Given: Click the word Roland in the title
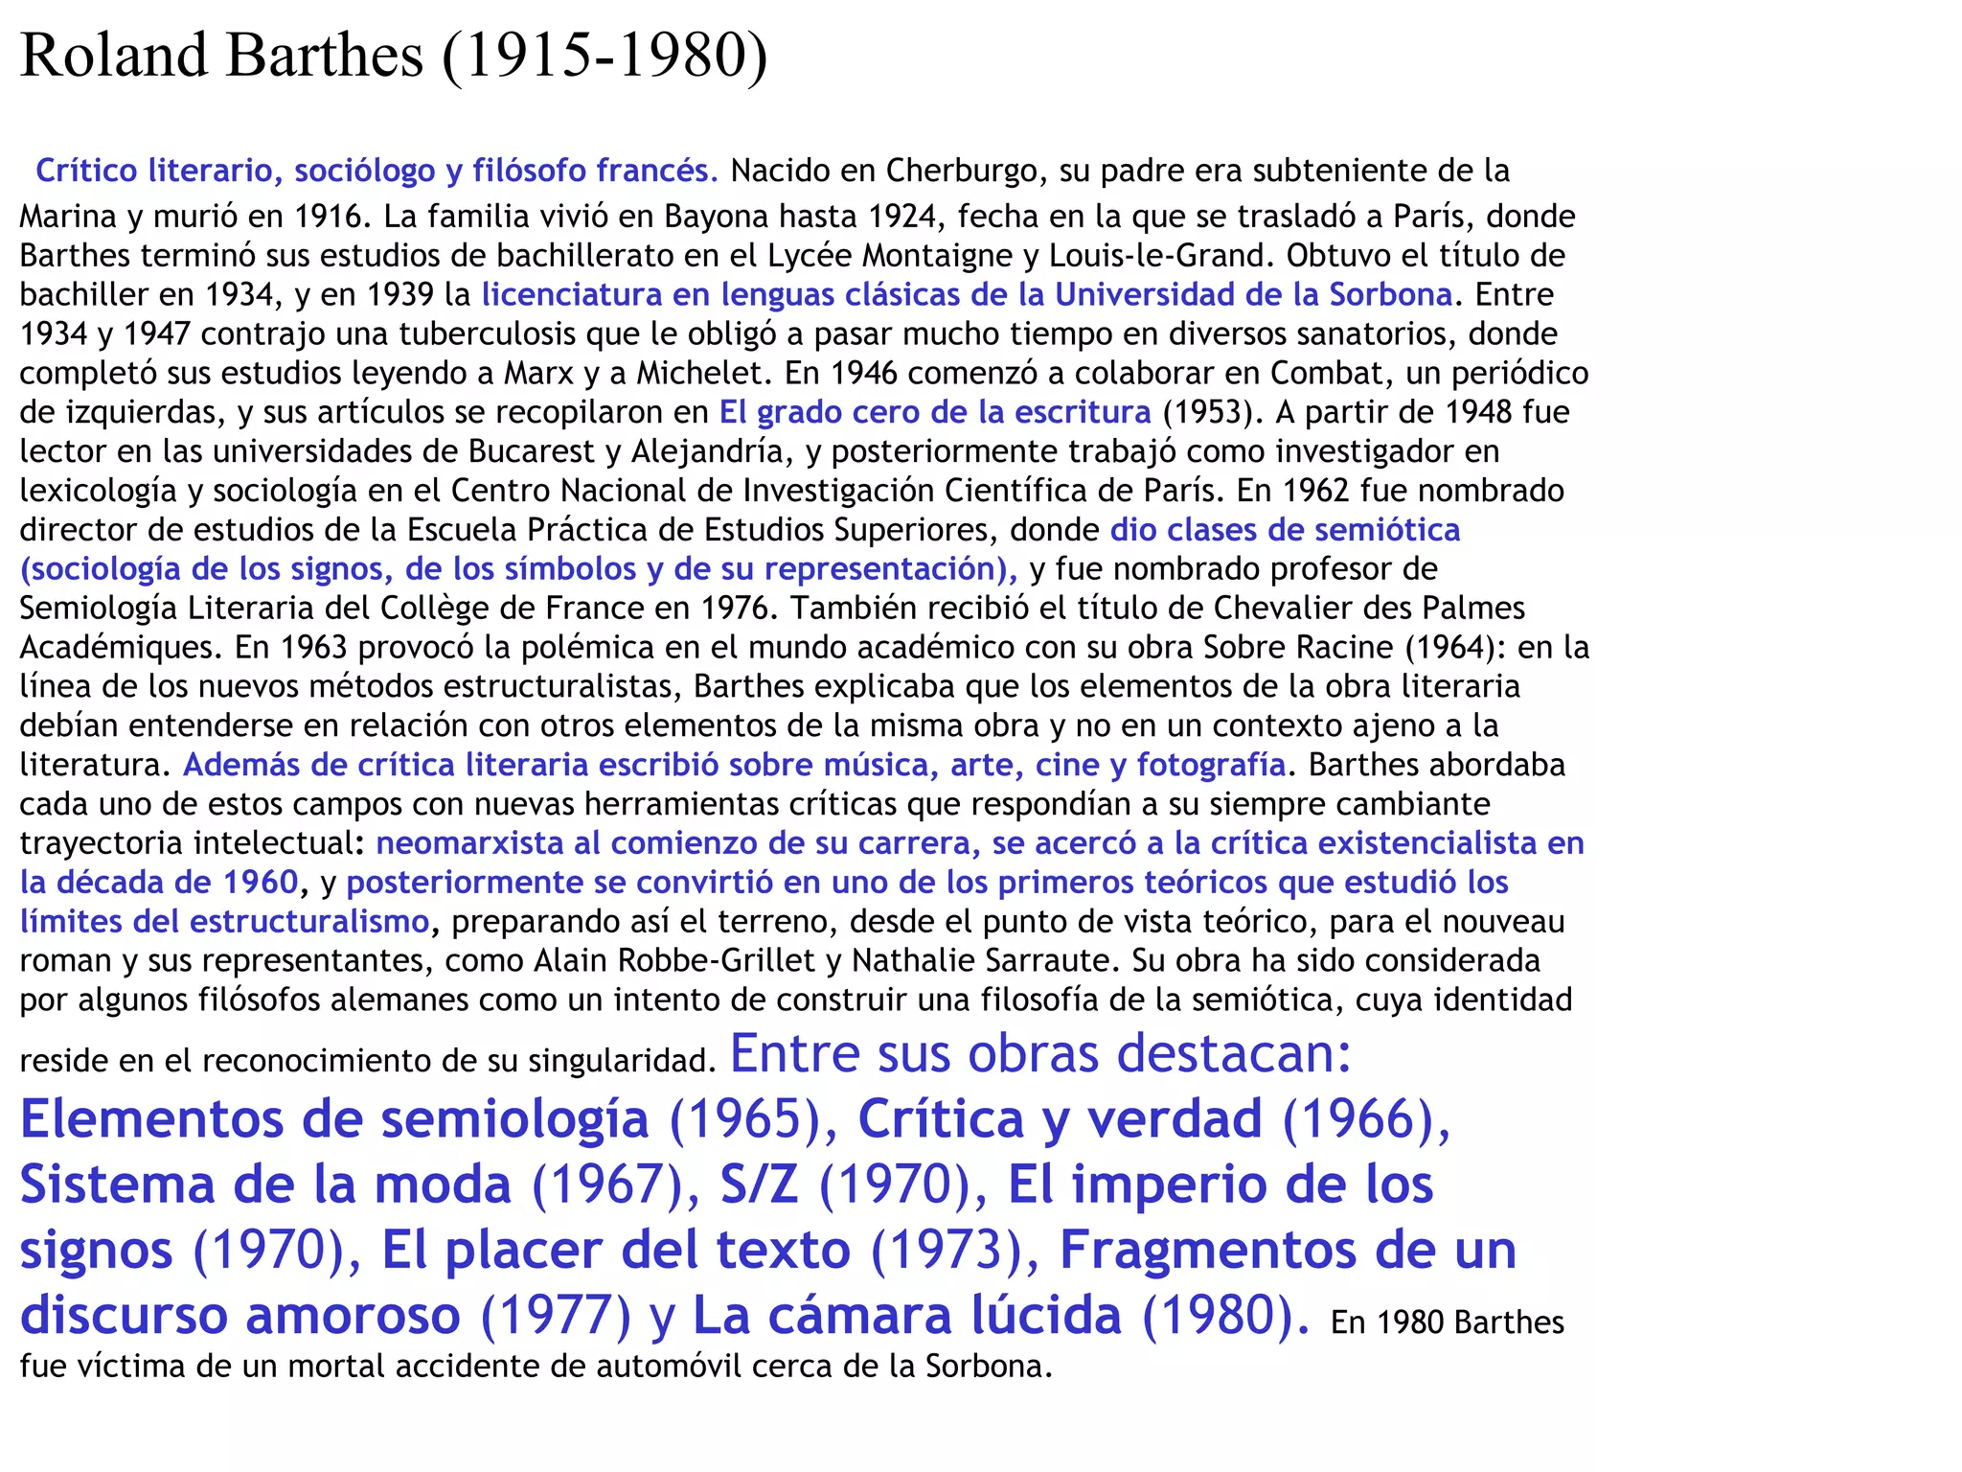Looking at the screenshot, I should click(x=114, y=56).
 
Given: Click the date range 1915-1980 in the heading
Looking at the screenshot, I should click(x=605, y=56).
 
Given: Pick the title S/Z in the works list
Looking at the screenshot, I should click(x=759, y=1184).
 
